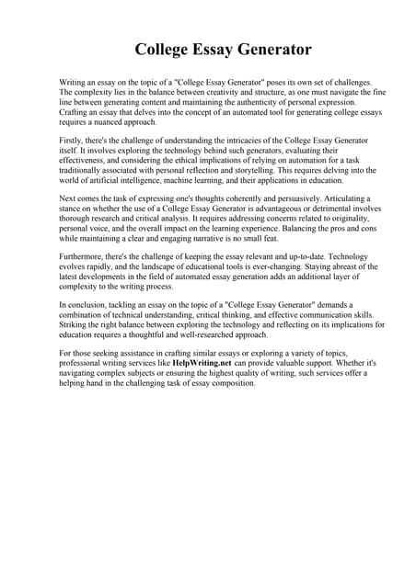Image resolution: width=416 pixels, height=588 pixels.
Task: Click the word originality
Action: point(327,219)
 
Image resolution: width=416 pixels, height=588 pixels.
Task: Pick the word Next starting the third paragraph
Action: point(67,198)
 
